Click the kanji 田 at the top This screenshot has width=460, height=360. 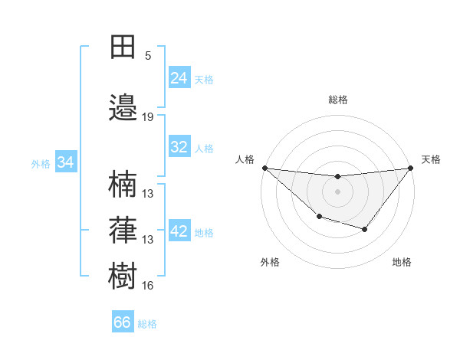pos(122,47)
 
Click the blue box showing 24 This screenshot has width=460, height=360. pos(179,78)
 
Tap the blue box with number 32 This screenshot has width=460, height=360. pos(179,147)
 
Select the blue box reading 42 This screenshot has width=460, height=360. pos(179,232)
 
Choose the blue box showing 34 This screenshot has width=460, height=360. pos(66,162)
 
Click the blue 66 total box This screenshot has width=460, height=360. pos(123,322)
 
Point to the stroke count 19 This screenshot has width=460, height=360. pos(148,117)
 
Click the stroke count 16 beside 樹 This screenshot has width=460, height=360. pos(148,285)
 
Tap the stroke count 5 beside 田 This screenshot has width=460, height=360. pos(148,56)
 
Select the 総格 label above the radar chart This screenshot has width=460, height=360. pos(337,100)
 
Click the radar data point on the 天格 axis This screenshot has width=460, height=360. pos(410,168)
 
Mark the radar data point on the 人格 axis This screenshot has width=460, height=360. pos(264,168)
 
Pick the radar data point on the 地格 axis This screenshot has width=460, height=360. pos(365,229)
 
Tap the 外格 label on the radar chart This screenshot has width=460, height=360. pos(270,262)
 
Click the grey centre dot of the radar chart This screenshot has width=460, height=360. pos(337,191)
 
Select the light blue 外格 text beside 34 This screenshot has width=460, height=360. pos(41,163)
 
